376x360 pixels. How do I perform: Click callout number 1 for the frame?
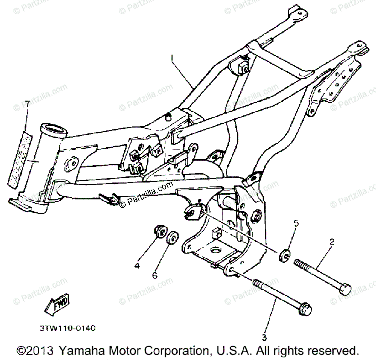[x=172, y=58]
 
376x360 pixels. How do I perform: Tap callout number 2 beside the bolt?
[x=332, y=242]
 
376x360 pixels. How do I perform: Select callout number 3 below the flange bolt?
[x=264, y=337]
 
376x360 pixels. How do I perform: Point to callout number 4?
[x=137, y=266]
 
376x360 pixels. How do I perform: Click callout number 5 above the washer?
[x=296, y=223]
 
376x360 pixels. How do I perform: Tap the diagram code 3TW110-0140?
[x=68, y=328]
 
